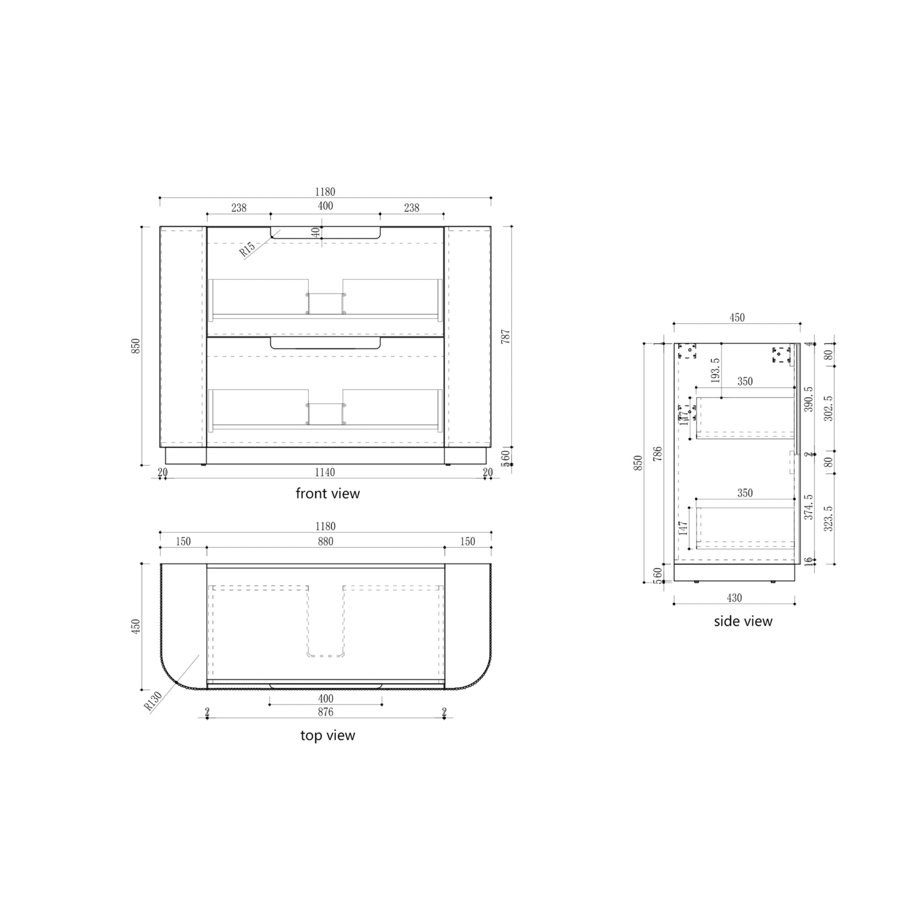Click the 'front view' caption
pyautogui.click(x=328, y=493)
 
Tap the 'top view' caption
pyautogui.click(x=328, y=735)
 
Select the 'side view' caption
pyautogui.click(x=743, y=621)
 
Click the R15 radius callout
pyautogui.click(x=248, y=249)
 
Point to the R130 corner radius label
pyautogui.click(x=153, y=702)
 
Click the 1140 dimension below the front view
pyautogui.click(x=325, y=472)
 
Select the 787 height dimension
pyautogui.click(x=506, y=336)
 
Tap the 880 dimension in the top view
pyautogui.click(x=325, y=541)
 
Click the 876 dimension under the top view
pyautogui.click(x=325, y=712)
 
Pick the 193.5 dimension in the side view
pyautogui.click(x=715, y=370)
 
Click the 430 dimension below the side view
pyautogui.click(x=734, y=598)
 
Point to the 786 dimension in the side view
pyautogui.click(x=658, y=454)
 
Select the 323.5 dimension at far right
pyautogui.click(x=828, y=518)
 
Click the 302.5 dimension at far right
pyautogui.click(x=828, y=409)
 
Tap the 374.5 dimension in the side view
pyautogui.click(x=808, y=507)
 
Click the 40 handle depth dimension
pyautogui.click(x=316, y=232)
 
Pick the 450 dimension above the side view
pyautogui.click(x=737, y=317)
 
